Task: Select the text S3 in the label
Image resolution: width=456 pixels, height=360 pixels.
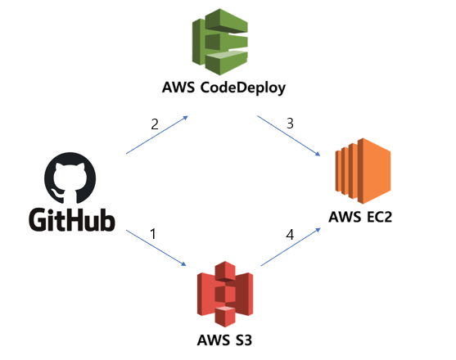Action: pos(240,339)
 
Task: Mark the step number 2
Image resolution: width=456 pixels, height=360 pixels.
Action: pos(153,125)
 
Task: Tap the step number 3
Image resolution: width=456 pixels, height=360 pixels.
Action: pos(288,124)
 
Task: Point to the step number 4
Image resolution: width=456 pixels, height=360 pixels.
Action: pos(289,234)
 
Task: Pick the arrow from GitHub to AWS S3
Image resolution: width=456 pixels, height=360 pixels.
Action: pos(156,250)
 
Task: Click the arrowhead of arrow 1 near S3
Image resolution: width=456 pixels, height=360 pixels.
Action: pos(185,265)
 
